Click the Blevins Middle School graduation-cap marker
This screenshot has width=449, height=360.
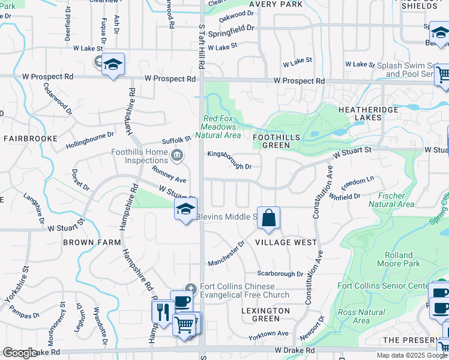[x=186, y=209]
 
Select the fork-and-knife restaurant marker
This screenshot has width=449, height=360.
[x=161, y=311]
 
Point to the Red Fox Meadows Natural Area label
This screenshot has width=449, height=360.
[x=219, y=127]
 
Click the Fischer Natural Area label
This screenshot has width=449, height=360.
[x=396, y=200]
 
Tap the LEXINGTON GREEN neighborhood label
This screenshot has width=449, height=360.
[x=265, y=314]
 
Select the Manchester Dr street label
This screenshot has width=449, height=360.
[x=226, y=254]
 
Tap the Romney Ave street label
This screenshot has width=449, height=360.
[x=169, y=175]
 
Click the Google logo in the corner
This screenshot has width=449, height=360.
[x=20, y=353]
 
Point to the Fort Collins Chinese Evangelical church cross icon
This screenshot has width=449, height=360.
[x=190, y=287]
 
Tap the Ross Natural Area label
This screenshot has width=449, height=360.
[x=361, y=316]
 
